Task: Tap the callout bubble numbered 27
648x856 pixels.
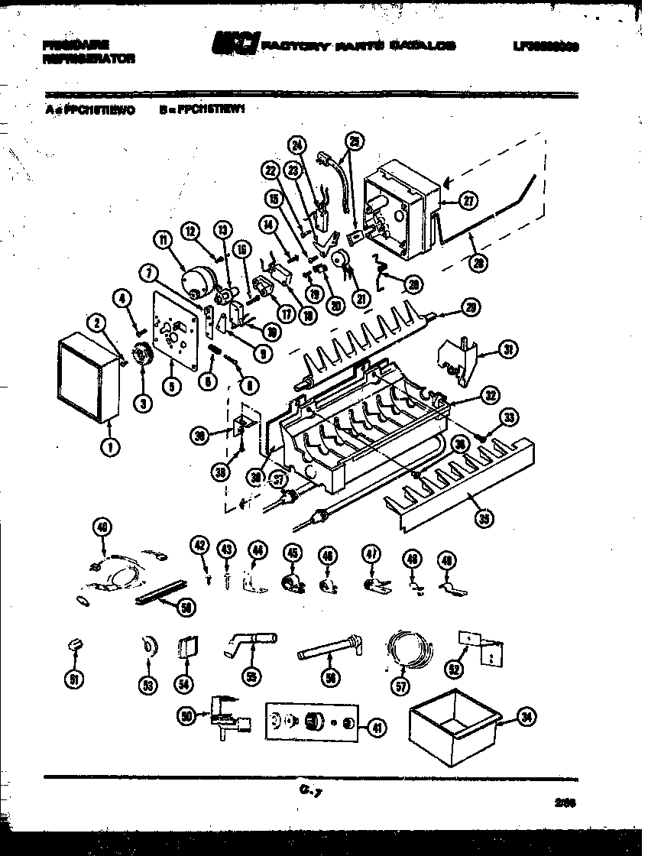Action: point(467,201)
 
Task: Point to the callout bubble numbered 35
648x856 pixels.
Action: point(483,519)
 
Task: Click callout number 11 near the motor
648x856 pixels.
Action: point(161,240)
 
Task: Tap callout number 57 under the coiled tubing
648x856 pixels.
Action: point(398,686)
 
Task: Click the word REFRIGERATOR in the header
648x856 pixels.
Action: point(90,58)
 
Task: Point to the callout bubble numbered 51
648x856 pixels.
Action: point(73,679)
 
